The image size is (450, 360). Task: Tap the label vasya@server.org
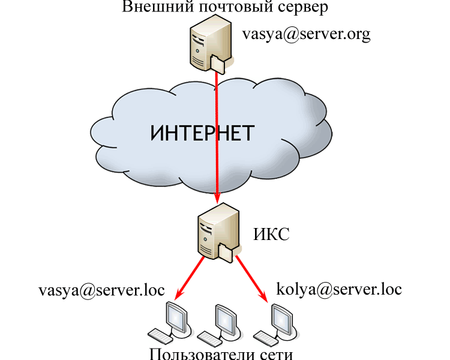306,34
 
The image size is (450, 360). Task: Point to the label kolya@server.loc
339,289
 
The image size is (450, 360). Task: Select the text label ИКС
271,234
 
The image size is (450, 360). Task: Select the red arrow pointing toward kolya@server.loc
251,277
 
